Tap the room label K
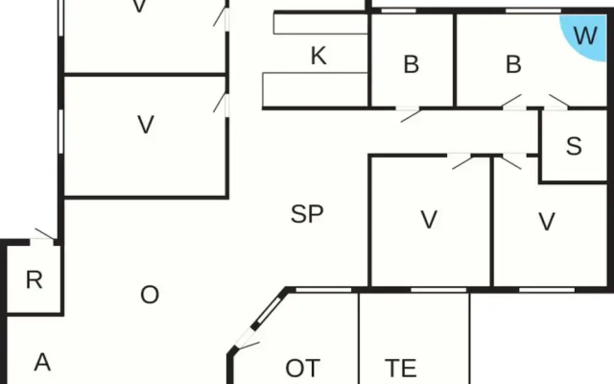pos(319,56)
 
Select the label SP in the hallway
pos(307,214)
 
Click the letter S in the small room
pos(574,146)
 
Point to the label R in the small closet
pos(35,279)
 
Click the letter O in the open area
pos(150,295)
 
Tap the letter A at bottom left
pos(42,363)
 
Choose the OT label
pos(303,368)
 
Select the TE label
pos(401,368)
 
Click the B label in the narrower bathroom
pos(412,64)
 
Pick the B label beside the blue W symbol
pos(514,64)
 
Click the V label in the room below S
pos(547,222)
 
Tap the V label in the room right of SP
pos(429,220)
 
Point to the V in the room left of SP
pos(146,125)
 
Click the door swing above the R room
pos(44,233)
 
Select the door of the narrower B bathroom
pos(411,115)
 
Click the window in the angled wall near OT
pos(269,311)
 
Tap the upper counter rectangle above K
pos(320,24)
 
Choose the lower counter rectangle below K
pos(316,89)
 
